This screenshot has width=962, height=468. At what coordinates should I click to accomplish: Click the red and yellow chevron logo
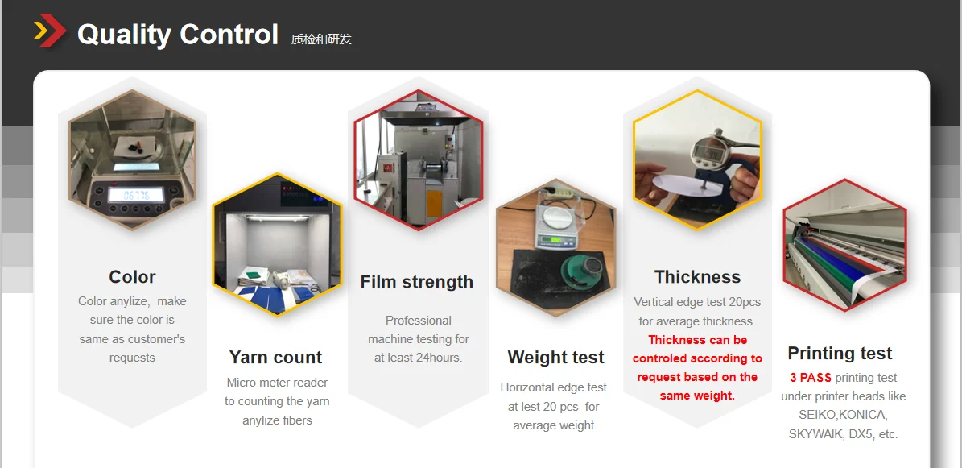50,30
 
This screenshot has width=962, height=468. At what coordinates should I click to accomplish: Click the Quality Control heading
178,35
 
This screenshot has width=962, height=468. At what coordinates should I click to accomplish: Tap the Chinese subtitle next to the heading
321,39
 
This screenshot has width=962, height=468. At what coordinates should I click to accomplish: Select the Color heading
133,277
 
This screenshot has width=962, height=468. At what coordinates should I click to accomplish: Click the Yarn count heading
275,358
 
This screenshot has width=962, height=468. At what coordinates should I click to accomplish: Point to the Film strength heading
416,282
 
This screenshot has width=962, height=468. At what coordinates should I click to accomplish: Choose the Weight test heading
555,358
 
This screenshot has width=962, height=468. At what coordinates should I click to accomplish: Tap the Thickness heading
698,277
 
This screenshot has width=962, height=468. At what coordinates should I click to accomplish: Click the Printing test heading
840,353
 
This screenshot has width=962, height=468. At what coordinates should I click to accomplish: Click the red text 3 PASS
811,378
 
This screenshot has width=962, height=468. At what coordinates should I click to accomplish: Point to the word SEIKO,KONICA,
843,415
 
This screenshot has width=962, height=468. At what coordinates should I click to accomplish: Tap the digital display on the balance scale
135,195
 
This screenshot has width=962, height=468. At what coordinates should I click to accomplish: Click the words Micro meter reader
277,383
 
